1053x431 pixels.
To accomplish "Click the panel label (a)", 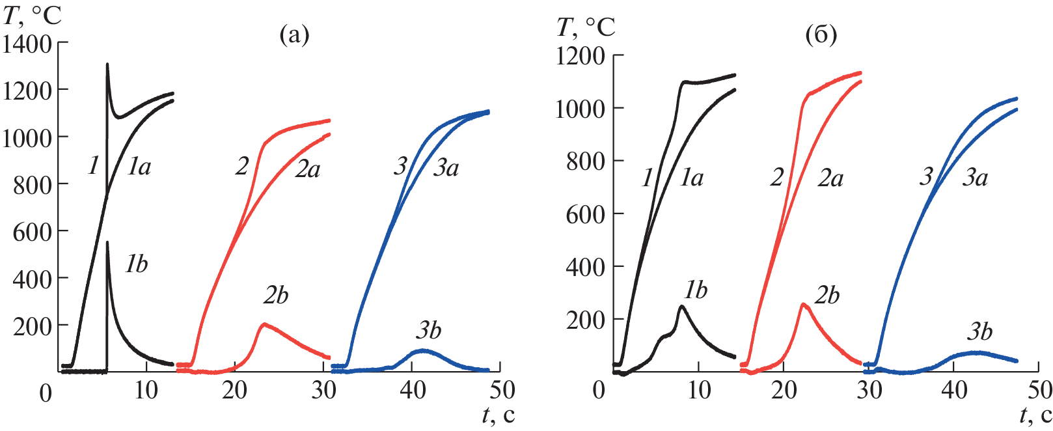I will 294,35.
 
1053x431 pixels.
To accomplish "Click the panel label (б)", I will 821,35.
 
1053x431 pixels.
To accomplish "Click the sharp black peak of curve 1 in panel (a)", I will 107,64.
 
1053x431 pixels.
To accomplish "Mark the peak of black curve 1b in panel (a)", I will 107,243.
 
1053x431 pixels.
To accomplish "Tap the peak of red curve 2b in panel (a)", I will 264,324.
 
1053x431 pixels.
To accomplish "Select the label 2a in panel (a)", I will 308,169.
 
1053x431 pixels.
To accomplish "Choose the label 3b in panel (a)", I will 428,331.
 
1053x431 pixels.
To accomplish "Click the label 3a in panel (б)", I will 975,177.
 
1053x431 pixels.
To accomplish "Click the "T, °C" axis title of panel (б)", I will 586,27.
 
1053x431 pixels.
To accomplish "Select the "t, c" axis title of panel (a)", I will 499,415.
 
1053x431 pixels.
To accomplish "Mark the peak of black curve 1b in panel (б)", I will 681,306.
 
